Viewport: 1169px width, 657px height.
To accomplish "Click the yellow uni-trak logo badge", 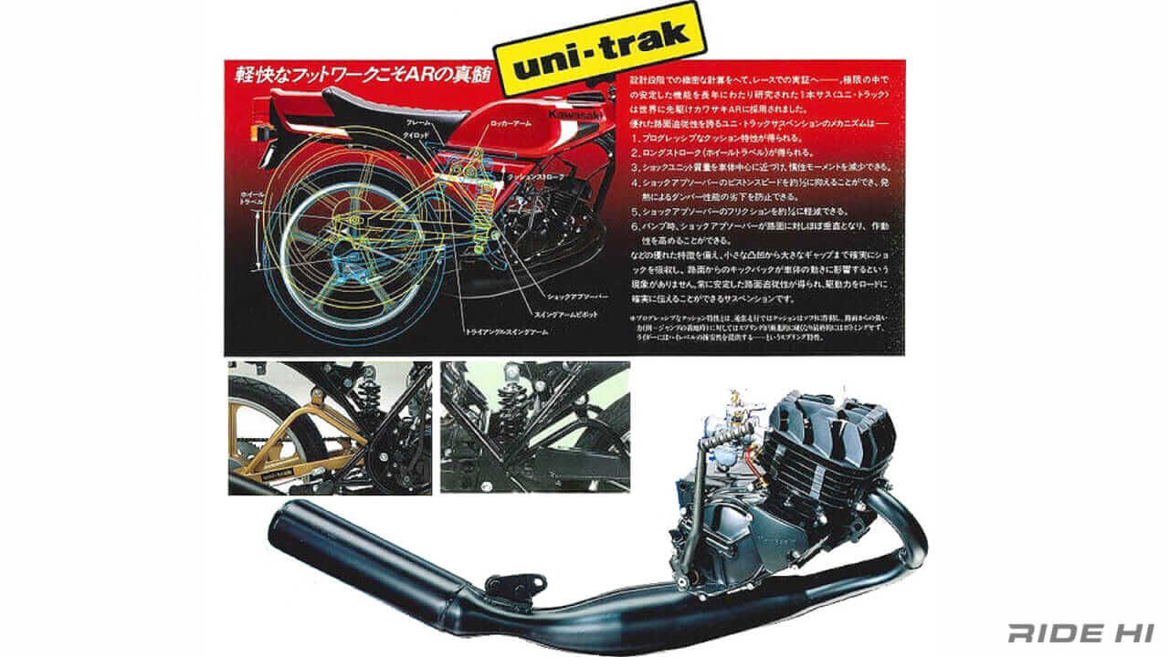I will click(x=599, y=49).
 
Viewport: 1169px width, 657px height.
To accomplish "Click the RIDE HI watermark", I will click(x=1082, y=632).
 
